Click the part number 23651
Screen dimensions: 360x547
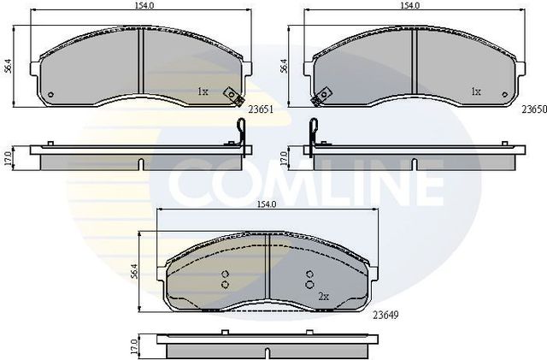(x=260, y=109)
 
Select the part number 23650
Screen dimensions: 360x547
(x=533, y=109)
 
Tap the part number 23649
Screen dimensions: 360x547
(x=385, y=314)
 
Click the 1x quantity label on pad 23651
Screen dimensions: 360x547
(x=203, y=91)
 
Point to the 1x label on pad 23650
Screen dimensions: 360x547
(x=476, y=91)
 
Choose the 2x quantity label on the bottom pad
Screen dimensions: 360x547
(x=323, y=296)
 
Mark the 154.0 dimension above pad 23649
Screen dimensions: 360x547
(x=267, y=205)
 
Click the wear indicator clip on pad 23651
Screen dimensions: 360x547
(x=229, y=97)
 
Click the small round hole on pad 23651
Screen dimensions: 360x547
(x=50, y=94)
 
